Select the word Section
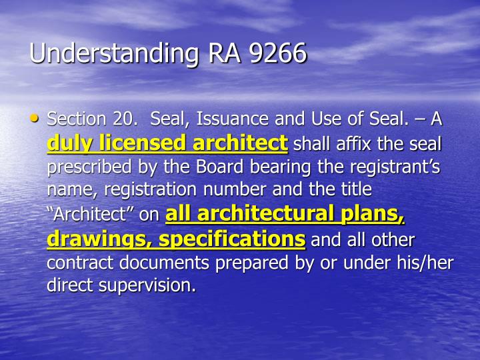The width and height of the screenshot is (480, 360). click(x=77, y=119)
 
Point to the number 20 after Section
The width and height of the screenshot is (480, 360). click(x=123, y=119)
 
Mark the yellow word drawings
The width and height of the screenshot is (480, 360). click(x=91, y=239)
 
